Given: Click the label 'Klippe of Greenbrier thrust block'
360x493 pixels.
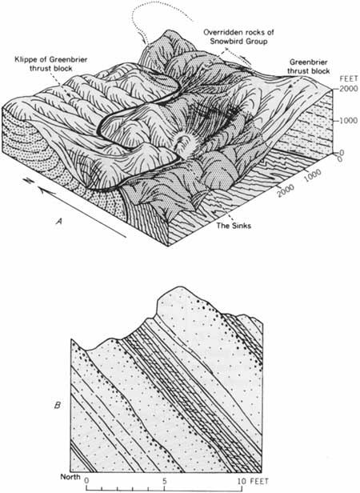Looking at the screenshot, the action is (50, 63).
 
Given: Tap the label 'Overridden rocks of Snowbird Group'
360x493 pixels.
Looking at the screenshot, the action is (238, 37).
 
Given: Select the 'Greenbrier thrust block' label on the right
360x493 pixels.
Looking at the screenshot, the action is (310, 66).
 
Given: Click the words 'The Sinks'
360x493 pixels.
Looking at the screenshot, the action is (234, 225).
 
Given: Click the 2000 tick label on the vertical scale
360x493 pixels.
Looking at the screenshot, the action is (349, 89).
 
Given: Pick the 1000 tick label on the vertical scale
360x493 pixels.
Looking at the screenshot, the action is (349, 120).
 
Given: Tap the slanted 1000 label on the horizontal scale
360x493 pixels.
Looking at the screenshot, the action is (313, 174).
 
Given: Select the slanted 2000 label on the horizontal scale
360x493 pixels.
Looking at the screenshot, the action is (286, 189).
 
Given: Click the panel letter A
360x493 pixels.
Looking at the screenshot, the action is (58, 222).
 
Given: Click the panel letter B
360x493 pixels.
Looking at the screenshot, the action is (58, 405).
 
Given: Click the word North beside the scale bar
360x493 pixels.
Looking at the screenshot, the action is (70, 477).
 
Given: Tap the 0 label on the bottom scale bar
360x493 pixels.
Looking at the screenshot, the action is (87, 480).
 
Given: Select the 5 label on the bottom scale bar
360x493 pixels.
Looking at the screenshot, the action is (164, 480).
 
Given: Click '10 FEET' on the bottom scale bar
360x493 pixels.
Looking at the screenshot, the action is (253, 480).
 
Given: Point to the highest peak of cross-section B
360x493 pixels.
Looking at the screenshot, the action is (180, 287).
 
